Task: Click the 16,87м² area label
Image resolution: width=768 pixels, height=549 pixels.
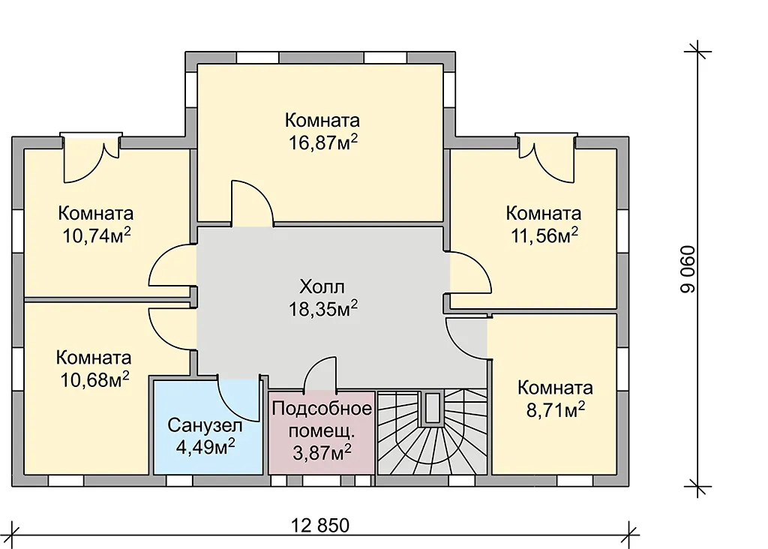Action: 322,143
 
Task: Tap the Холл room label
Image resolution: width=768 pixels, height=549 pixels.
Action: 322,286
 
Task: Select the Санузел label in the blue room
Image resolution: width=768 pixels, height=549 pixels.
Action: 205,425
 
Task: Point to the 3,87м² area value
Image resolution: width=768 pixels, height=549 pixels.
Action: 322,452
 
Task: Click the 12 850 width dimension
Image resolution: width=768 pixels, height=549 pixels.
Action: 320,526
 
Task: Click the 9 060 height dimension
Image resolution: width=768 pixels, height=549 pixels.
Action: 688,268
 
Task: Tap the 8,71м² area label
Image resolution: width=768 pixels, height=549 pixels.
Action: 556,410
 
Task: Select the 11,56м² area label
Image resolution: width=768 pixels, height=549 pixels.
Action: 544,235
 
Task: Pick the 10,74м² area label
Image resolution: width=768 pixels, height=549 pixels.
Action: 97,235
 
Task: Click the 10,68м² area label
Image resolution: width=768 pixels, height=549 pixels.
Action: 94,379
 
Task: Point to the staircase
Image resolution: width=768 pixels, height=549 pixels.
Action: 433,433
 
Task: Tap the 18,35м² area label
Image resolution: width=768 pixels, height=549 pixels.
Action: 322,309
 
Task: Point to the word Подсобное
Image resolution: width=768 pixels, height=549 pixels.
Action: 322,409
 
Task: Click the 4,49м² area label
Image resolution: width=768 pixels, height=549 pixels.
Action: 205,447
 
